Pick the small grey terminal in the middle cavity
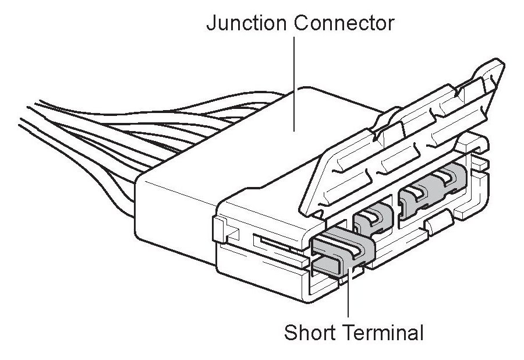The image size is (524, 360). pos(373,218)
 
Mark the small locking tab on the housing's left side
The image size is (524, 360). pos(221,230)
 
